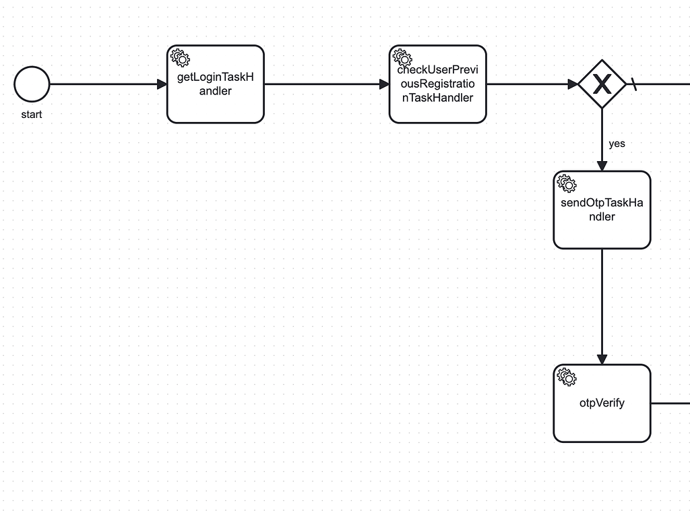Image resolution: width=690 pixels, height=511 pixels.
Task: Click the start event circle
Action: (32, 84)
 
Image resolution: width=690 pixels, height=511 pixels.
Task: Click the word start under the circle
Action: (32, 115)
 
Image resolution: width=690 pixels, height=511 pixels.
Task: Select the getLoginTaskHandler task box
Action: (215, 104)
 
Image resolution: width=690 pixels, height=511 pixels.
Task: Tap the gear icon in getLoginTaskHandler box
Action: (180, 57)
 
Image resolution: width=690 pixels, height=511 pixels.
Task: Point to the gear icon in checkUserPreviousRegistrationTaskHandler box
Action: (402, 57)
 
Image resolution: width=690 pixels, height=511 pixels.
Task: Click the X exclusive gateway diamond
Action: (602, 84)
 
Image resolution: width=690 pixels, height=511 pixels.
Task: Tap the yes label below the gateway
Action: (617, 144)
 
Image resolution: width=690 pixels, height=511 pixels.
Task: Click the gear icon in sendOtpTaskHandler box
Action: (567, 183)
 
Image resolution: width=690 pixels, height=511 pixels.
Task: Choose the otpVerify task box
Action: (602, 425)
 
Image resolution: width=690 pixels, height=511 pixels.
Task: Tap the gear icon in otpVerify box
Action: (567, 377)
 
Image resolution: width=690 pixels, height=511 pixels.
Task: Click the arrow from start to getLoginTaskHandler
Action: (108, 84)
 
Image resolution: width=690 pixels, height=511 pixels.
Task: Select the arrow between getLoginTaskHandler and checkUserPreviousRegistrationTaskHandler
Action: (327, 84)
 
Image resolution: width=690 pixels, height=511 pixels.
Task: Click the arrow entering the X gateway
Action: (532, 84)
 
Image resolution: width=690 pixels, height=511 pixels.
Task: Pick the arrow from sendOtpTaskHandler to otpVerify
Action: (602, 307)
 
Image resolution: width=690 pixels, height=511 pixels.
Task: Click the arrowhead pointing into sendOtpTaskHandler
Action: (602, 166)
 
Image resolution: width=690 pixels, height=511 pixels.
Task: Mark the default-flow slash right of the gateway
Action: (634, 84)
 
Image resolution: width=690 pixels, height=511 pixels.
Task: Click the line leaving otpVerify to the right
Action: (670, 403)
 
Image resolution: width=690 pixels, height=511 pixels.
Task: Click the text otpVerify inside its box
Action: (602, 403)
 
